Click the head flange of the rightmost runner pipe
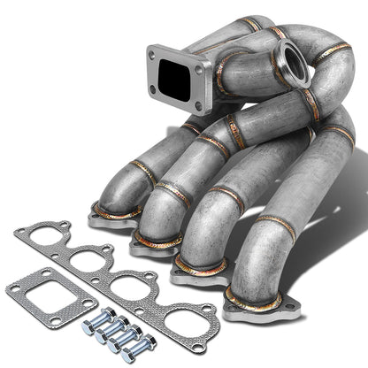tap(257, 305)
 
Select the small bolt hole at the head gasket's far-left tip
tap(21, 232)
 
